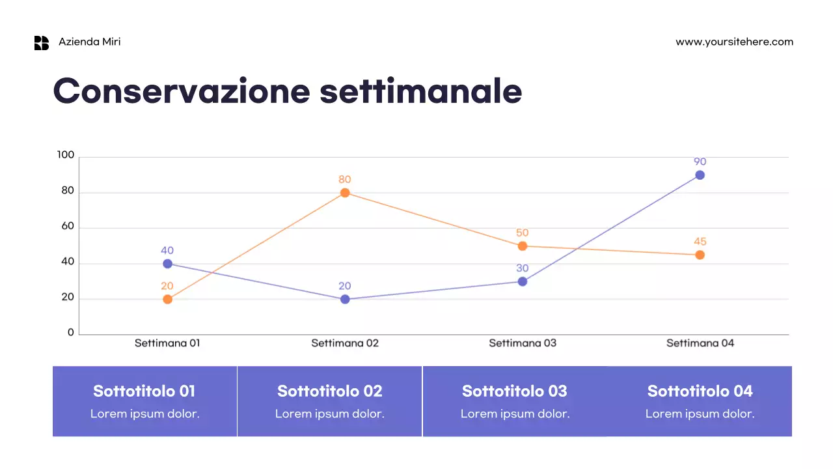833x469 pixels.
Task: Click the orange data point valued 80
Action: pos(345,193)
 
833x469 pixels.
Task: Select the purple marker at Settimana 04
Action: pos(700,175)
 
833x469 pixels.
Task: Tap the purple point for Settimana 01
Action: pos(167,264)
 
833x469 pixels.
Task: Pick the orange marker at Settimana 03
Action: pos(522,246)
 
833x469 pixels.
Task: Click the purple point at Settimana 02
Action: pos(345,300)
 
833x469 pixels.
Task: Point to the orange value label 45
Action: pos(700,242)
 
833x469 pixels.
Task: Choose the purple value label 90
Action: pos(700,162)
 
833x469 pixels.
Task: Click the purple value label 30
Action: pos(522,268)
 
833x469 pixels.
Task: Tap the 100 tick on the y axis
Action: pos(66,155)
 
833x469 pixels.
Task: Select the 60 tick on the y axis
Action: pos(68,227)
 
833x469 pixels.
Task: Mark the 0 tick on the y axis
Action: pos(71,333)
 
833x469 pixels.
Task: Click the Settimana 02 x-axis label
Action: pos(345,343)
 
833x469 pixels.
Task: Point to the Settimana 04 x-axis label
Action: pos(700,343)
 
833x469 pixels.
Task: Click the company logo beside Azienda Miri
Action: pos(42,43)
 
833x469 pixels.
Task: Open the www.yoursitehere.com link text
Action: pos(734,42)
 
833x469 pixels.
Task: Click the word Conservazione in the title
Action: pos(182,91)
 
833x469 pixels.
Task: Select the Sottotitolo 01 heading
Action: pos(144,391)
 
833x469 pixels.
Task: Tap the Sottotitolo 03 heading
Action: pos(515,391)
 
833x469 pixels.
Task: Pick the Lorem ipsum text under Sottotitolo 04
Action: pos(700,414)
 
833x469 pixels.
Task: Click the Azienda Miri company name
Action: pos(90,42)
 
